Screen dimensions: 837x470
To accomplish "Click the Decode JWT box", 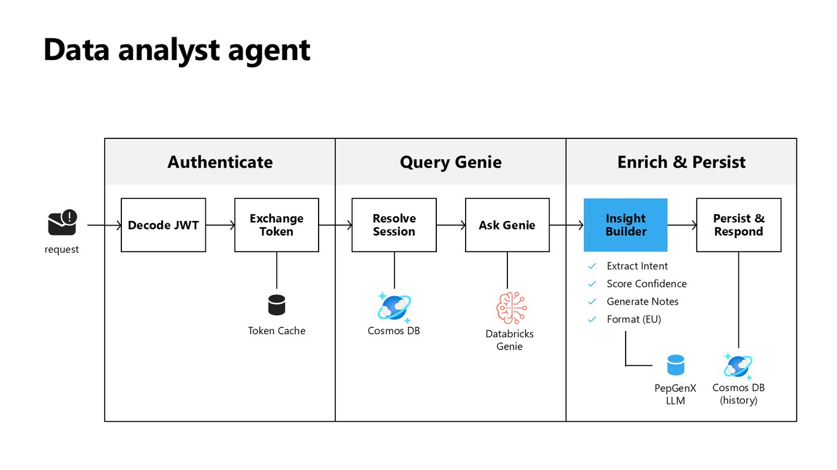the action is coord(163,225).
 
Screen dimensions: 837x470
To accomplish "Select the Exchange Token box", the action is coord(276,225).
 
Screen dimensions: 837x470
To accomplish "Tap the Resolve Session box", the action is coord(394,225).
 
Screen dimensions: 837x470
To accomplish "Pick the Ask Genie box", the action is coord(507,225).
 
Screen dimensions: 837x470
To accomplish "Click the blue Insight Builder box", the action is coord(626,225).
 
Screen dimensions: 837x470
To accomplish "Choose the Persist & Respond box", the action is coord(739,225).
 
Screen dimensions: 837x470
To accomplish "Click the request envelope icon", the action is coord(62,223).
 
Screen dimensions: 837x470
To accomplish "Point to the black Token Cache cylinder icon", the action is coord(276,305).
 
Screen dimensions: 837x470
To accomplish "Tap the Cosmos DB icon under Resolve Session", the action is coord(394,307).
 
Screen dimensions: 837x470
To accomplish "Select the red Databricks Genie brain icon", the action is coord(512,308).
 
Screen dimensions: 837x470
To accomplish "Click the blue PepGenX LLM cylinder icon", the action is coord(676,365).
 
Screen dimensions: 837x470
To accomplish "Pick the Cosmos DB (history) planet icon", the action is coord(738,366).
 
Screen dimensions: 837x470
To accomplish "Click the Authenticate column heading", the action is coord(220,162).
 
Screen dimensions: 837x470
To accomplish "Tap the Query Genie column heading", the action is coord(450,162).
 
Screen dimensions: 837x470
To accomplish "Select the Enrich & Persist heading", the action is coord(681,162).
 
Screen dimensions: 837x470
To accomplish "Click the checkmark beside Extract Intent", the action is coord(592,266).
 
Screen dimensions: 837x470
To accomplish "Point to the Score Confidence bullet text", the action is coord(646,284).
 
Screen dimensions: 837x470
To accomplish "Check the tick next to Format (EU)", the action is coord(592,319).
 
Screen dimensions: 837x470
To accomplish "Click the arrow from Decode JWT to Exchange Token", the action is coord(220,225).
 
